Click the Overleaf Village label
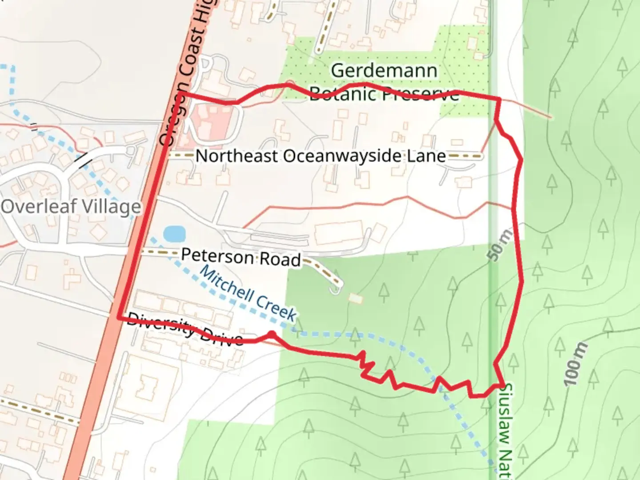pyautogui.click(x=71, y=207)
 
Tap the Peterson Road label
pyautogui.click(x=241, y=257)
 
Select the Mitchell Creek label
pyautogui.click(x=248, y=293)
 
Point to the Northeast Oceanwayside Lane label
pyautogui.click(x=320, y=156)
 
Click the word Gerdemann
pyautogui.click(x=384, y=71)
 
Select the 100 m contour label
pyautogui.click(x=576, y=364)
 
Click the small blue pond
pyautogui.click(x=174, y=233)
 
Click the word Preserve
pyautogui.click(x=420, y=94)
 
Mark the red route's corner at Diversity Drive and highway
pyautogui.click(x=119, y=317)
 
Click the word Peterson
pyautogui.click(x=217, y=256)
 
